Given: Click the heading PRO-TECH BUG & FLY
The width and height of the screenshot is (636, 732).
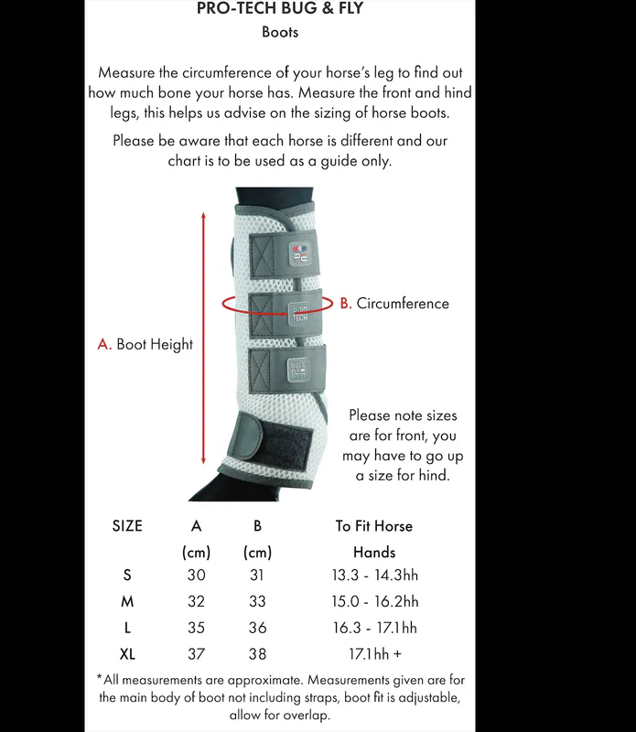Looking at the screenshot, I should point(280,9).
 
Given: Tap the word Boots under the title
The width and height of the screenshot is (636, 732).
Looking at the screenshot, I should point(280,33).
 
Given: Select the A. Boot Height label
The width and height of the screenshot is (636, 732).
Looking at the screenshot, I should point(146,345).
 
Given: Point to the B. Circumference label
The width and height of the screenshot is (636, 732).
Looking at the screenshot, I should point(394,304).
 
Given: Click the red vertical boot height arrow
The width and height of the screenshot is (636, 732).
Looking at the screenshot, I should point(203,338).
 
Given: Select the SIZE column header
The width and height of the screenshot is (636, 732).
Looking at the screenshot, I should point(127,526).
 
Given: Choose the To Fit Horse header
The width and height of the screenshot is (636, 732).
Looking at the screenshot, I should point(373,526).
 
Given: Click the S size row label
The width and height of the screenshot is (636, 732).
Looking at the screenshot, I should point(126,576).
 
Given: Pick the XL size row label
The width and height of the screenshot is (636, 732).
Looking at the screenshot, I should point(127,654).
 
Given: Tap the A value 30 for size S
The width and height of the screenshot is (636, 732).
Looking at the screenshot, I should point(196,576).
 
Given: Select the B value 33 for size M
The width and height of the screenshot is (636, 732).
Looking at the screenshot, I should point(257,602).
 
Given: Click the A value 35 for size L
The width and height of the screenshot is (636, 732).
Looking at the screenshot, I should point(196,629).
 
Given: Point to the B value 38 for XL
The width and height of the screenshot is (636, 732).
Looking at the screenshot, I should point(257,654).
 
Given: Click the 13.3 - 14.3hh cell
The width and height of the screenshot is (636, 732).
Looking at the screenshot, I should point(374,576).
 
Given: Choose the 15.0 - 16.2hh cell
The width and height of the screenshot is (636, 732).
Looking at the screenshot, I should point(374,602).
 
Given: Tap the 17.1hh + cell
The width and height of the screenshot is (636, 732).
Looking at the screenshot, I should point(374,654).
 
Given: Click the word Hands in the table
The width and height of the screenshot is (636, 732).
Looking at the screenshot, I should point(373,553).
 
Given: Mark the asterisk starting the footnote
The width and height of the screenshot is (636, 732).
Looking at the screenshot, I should point(99,679).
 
